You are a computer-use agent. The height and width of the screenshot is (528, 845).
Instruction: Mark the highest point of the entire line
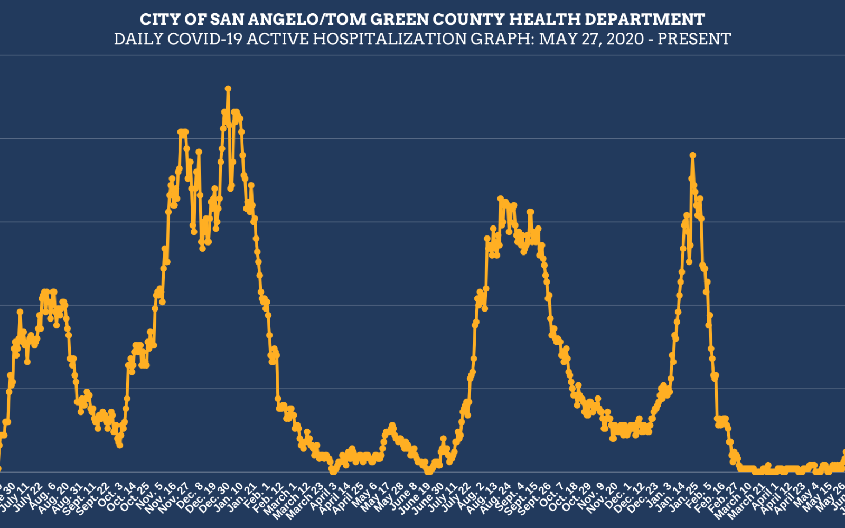tap(228, 89)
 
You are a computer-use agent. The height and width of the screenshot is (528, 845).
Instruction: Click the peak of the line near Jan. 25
tap(692, 155)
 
